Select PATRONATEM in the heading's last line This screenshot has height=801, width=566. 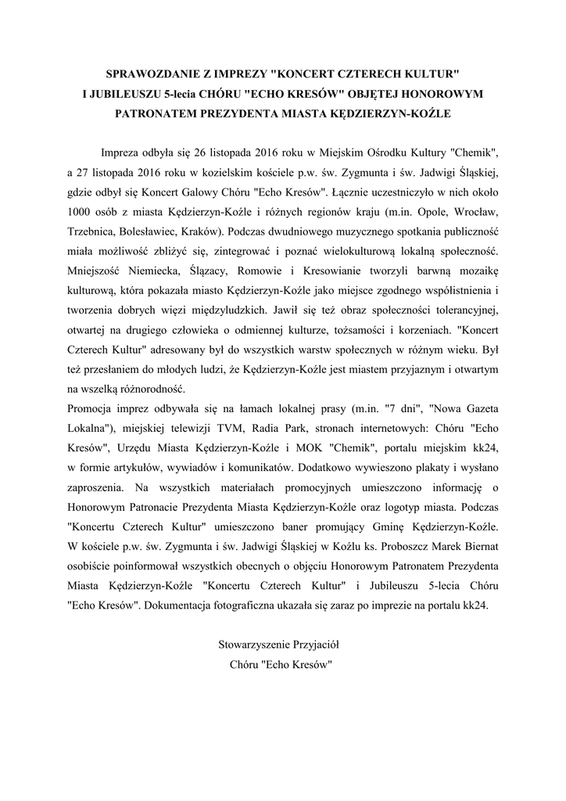(158, 113)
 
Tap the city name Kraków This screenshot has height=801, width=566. (200, 232)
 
